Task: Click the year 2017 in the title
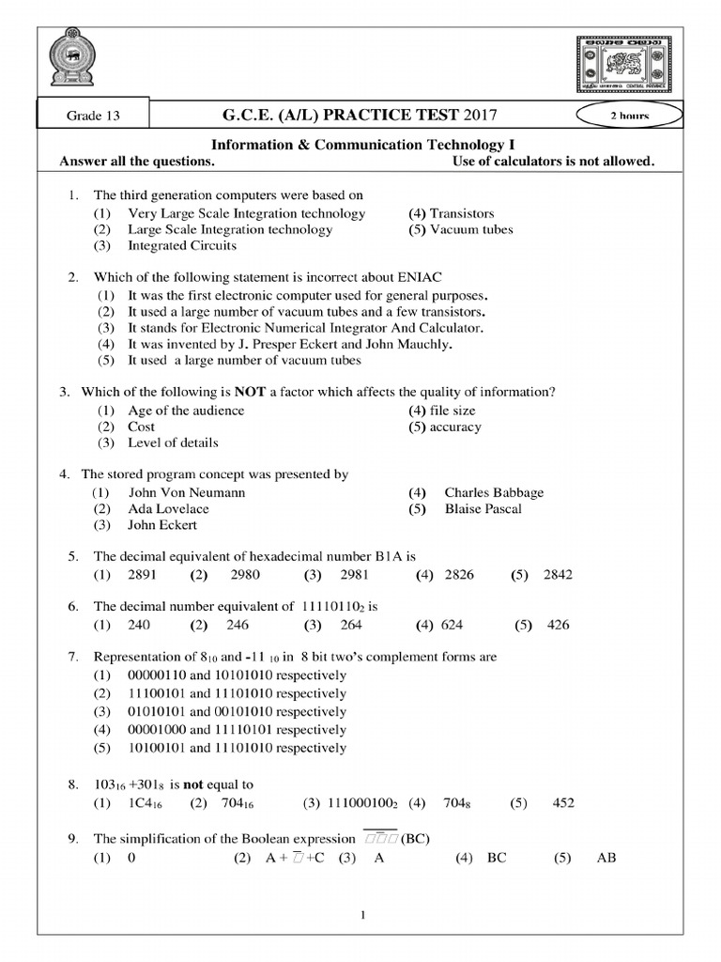475,116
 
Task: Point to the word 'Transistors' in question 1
462,213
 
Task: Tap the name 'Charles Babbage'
494,492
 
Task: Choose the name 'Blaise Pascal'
483,509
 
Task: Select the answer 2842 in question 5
558,575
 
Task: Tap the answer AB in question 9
606,858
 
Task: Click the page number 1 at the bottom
361,917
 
